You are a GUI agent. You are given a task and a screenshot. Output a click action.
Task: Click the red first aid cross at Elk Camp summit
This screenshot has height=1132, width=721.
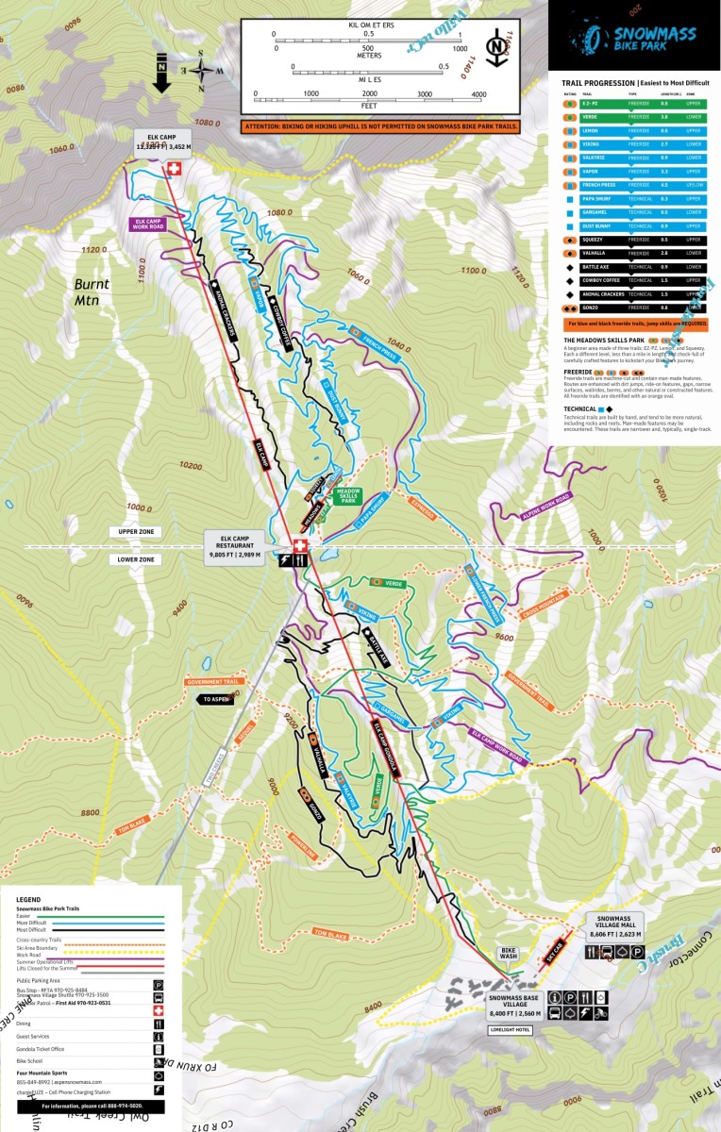(x=173, y=169)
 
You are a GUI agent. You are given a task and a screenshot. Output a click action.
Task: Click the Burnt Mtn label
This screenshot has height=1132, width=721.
(x=92, y=292)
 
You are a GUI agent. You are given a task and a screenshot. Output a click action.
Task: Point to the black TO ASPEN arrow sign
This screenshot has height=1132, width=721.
(x=215, y=699)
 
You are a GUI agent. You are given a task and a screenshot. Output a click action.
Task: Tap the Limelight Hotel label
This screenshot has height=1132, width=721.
(x=510, y=1029)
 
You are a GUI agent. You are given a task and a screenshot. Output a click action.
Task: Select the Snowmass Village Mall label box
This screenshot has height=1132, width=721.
(x=613, y=926)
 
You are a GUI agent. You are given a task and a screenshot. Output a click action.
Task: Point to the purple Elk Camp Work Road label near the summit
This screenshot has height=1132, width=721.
(x=148, y=224)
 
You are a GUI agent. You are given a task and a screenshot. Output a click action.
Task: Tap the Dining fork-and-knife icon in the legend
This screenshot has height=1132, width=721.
(x=159, y=1023)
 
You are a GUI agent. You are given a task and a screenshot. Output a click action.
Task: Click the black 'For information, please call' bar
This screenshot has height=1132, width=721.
(x=92, y=1106)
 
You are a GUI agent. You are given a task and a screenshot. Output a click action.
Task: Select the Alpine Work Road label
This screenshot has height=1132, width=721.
(x=546, y=505)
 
